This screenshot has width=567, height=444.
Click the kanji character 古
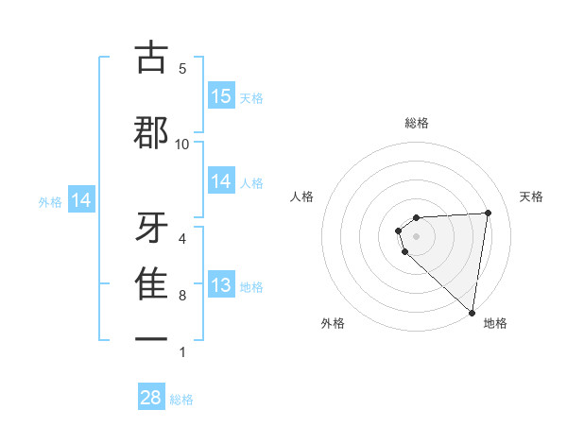(x=152, y=59)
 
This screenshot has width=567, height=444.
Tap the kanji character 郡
(x=152, y=133)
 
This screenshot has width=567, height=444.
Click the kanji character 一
(x=152, y=338)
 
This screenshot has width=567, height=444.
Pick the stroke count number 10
(x=182, y=144)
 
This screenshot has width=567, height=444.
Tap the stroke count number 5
(x=182, y=69)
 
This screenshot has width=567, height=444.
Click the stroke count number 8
(x=182, y=296)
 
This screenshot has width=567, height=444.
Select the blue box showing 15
(x=221, y=95)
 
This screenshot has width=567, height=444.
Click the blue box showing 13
(x=221, y=285)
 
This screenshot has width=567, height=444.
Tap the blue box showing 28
(x=151, y=398)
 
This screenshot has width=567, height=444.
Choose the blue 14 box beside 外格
(x=81, y=200)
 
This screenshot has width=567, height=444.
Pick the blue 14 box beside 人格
(x=221, y=181)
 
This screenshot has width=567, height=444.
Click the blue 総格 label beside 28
(x=181, y=400)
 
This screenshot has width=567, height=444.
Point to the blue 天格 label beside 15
(x=251, y=97)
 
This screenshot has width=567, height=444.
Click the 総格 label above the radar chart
(x=416, y=123)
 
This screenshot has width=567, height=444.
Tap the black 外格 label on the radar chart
(x=333, y=323)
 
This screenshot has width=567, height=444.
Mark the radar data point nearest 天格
(x=488, y=213)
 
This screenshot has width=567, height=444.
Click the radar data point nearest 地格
(x=472, y=312)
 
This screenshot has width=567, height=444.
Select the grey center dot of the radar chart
(x=416, y=235)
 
